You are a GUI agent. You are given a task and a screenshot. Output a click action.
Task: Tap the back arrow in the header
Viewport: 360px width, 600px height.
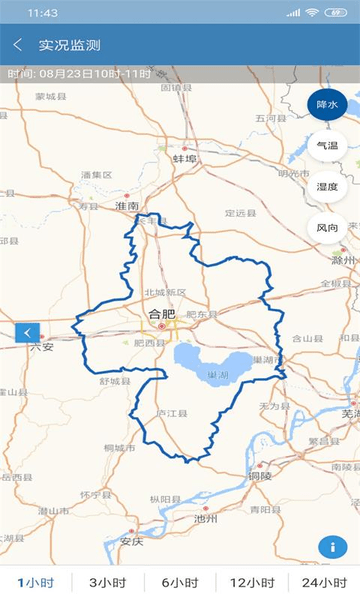[18, 45]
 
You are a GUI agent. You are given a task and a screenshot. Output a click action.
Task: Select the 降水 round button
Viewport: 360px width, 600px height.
[327, 104]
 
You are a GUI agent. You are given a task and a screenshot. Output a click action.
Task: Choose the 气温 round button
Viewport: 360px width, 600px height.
[327, 146]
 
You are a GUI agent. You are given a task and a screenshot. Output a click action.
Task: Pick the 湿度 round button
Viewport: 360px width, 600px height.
[327, 187]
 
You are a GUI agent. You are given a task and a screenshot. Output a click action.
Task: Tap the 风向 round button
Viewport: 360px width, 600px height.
[327, 228]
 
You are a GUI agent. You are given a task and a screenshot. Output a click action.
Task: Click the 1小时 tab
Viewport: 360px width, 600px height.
[36, 582]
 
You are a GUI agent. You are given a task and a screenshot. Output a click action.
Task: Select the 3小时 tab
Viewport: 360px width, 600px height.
[107, 582]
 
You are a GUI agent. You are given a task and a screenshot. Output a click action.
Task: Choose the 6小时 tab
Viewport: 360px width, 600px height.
[180, 582]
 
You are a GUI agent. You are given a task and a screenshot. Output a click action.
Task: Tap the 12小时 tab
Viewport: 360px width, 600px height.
[251, 582]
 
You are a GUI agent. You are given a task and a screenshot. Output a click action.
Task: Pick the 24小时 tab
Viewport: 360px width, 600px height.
[323, 582]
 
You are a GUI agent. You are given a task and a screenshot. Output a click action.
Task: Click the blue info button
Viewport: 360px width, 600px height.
[331, 547]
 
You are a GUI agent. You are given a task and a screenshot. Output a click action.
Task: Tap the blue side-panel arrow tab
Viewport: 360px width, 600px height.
[28, 333]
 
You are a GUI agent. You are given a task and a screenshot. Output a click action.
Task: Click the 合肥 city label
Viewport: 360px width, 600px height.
[161, 314]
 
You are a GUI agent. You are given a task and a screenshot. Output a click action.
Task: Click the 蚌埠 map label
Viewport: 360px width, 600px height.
[184, 159]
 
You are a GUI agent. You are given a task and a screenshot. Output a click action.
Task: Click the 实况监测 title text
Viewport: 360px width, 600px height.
[70, 45]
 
